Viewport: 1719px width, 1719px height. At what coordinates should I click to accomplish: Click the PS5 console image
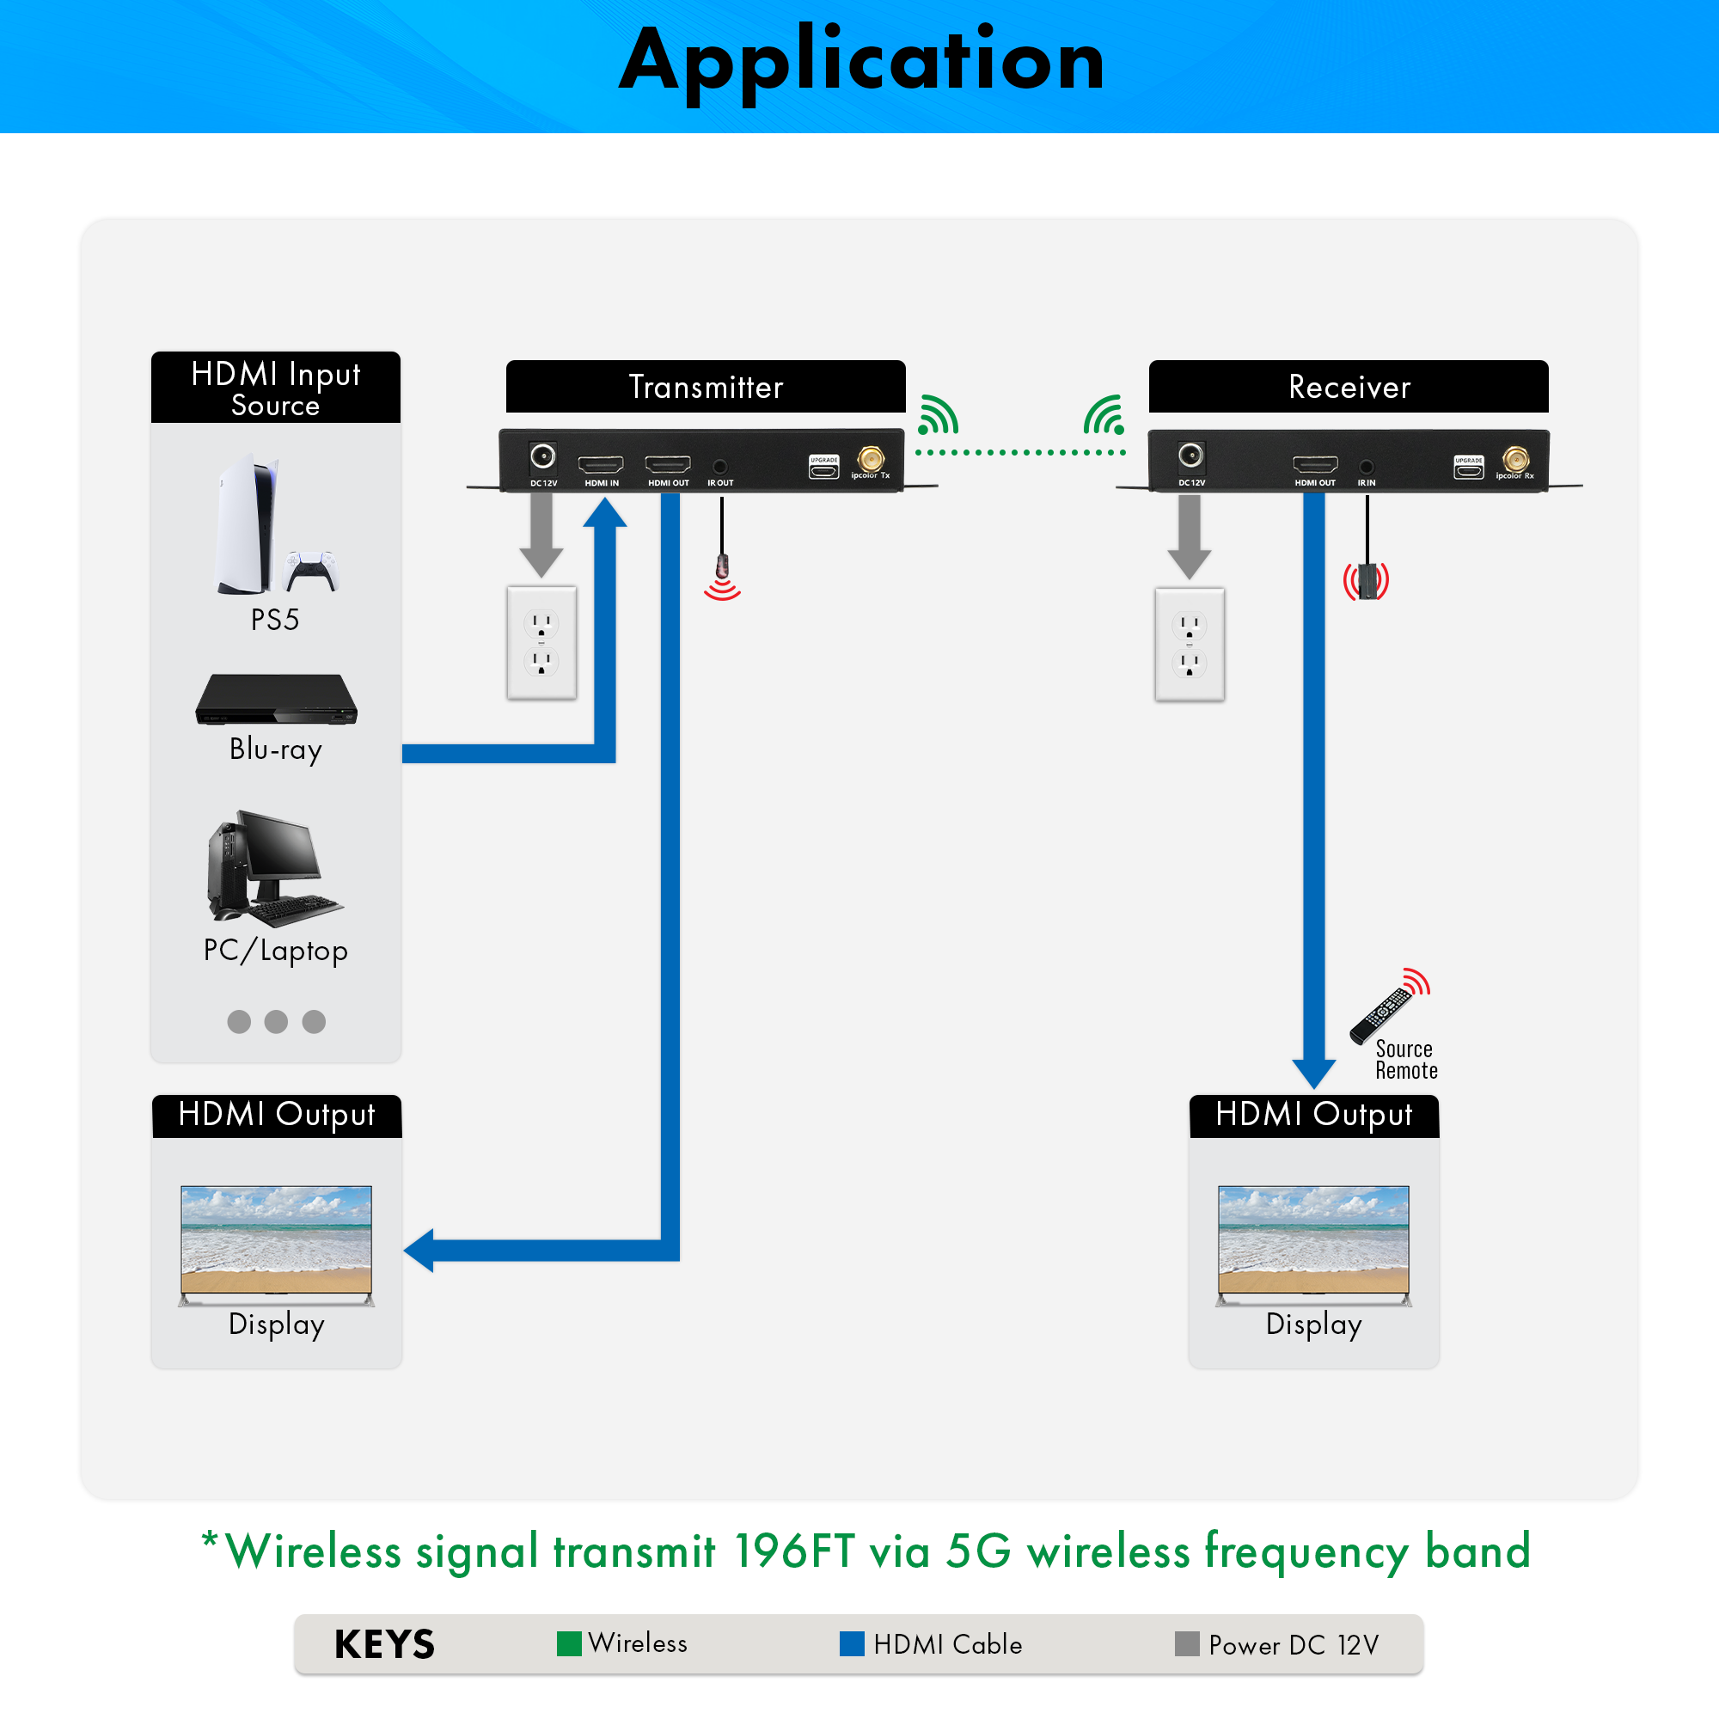247,525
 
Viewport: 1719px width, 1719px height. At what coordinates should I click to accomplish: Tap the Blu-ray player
277,700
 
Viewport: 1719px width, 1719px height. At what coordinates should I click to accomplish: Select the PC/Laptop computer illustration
271,868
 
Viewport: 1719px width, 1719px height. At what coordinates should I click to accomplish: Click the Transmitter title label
706,387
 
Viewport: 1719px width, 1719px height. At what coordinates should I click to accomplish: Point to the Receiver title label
1349,387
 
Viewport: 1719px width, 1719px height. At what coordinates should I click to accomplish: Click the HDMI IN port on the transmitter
601,464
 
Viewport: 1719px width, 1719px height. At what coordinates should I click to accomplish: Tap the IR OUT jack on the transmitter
719,466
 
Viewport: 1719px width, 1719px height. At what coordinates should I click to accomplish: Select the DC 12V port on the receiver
1190,456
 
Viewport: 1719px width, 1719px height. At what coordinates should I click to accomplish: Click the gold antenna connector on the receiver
1515,459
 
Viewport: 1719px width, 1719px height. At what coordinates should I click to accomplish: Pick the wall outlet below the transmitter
541,641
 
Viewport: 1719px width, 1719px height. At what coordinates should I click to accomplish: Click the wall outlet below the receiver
1190,643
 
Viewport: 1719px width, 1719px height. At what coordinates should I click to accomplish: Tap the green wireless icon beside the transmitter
938,414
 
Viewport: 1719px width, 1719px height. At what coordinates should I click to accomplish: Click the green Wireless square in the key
568,1643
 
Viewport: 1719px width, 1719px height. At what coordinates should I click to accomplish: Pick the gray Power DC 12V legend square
1187,1643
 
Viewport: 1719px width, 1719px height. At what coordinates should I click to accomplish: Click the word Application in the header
861,60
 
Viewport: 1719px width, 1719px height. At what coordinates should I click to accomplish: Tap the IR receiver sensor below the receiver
1367,580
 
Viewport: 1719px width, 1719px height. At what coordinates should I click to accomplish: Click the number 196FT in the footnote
794,1551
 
